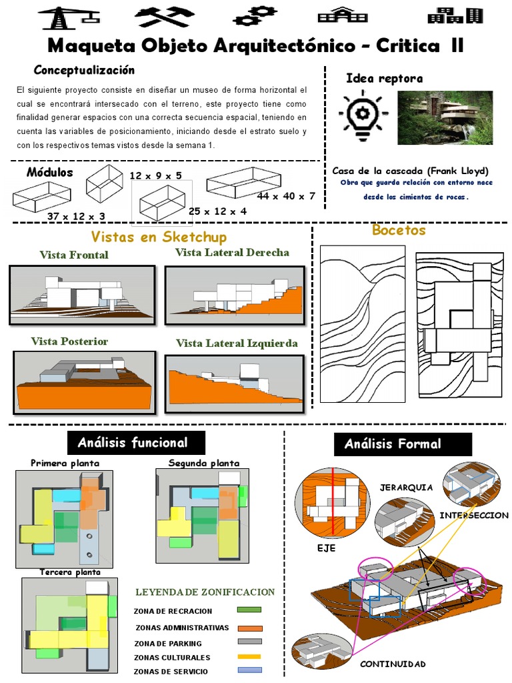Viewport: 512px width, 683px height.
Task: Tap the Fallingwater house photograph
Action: click(445, 117)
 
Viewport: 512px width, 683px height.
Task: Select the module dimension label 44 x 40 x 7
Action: click(285, 196)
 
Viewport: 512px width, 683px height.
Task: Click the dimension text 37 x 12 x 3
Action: click(76, 216)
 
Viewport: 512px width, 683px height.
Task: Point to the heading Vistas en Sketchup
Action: click(159, 237)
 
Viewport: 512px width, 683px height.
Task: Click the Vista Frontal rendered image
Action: click(82, 295)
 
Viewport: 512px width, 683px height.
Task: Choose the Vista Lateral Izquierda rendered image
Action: click(235, 383)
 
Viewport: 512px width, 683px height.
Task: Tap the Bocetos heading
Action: click(399, 231)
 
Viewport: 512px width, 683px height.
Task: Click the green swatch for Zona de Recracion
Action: click(249, 610)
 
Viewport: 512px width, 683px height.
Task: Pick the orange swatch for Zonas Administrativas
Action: click(249, 628)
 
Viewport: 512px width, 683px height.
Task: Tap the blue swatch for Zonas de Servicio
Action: click(249, 670)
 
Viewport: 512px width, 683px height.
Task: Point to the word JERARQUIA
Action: click(406, 488)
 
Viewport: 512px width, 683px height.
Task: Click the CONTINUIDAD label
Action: click(392, 664)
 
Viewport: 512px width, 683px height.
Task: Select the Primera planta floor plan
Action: click(64, 518)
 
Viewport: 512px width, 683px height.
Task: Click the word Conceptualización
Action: click(84, 70)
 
